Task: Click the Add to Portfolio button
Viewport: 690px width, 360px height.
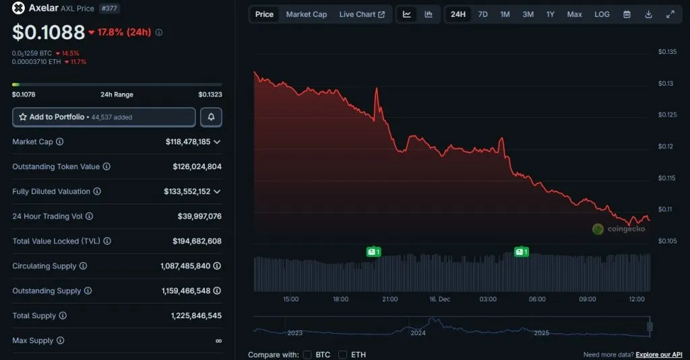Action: [x=104, y=117]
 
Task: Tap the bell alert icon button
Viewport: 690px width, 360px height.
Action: [x=211, y=117]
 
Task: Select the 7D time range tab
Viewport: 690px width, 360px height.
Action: [x=482, y=14]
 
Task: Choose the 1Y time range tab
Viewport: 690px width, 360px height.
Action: [x=551, y=14]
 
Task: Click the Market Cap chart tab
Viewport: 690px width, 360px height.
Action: [x=306, y=14]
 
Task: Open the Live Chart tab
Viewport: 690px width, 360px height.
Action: [x=362, y=14]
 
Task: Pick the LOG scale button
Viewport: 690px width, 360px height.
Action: [x=602, y=14]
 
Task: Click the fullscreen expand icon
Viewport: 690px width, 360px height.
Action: [x=670, y=14]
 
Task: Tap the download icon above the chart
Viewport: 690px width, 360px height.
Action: [x=648, y=14]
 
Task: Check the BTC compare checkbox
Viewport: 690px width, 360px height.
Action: [x=307, y=355]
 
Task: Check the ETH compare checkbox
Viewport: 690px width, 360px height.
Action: [x=342, y=355]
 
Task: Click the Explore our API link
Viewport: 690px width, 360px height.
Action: [x=659, y=355]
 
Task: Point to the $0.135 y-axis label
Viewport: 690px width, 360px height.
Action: [x=667, y=52]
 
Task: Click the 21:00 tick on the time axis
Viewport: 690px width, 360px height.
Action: [x=389, y=299]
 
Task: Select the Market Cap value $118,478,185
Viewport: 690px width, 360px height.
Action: [x=187, y=142]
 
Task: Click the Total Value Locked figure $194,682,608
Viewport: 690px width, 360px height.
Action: [x=197, y=241]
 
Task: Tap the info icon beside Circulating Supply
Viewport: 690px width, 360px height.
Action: [x=83, y=266]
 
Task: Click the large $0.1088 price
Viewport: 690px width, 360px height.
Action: [x=49, y=32]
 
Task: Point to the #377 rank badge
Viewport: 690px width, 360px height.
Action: [x=108, y=9]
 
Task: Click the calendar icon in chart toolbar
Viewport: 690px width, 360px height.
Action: [x=627, y=14]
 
